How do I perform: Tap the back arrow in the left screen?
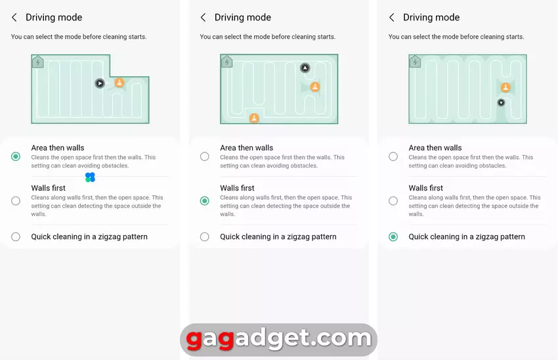[x=14, y=18]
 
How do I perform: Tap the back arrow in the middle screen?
[x=204, y=18]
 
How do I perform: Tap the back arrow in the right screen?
[x=392, y=18]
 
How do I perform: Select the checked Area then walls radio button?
[x=16, y=156]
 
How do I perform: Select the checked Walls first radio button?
[x=205, y=201]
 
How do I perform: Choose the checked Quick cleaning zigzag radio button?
[x=393, y=236]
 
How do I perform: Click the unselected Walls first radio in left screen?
[x=16, y=201]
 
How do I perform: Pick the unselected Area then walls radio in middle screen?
[x=205, y=156]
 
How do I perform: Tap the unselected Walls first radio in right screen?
[x=393, y=201]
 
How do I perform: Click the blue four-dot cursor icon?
[x=91, y=177]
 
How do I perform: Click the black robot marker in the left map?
[x=100, y=83]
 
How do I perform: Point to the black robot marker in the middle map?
[x=305, y=68]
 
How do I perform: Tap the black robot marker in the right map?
[x=501, y=102]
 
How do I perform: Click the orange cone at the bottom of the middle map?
[x=254, y=118]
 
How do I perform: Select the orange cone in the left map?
[x=119, y=83]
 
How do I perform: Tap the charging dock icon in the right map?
[x=415, y=62]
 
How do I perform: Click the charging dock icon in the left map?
[x=37, y=62]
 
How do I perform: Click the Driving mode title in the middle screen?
[x=243, y=18]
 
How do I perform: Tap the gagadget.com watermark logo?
[x=278, y=340]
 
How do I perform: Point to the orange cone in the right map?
[x=505, y=87]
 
